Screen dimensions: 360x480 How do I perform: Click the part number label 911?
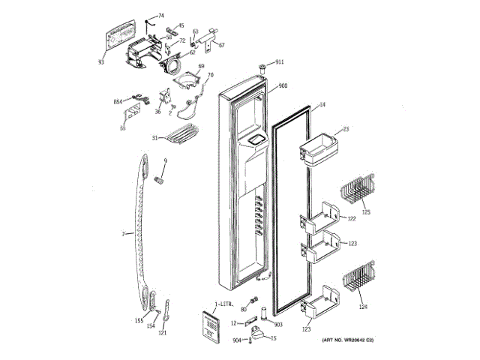click(280, 61)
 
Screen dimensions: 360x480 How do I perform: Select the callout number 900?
click(283, 86)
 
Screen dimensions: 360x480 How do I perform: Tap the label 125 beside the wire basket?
click(366, 212)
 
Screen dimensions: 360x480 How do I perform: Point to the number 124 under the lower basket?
click(363, 306)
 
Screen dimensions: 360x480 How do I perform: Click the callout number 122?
click(351, 219)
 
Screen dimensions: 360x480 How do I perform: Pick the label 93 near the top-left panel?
click(100, 61)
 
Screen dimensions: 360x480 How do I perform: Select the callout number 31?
click(154, 138)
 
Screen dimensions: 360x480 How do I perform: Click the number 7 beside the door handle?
click(123, 234)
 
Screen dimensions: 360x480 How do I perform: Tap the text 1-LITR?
click(224, 305)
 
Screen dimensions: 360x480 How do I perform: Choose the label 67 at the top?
click(222, 44)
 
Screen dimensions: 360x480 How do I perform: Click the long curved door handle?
click(140, 232)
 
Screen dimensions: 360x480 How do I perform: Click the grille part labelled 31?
click(180, 135)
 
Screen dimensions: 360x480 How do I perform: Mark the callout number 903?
click(277, 324)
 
